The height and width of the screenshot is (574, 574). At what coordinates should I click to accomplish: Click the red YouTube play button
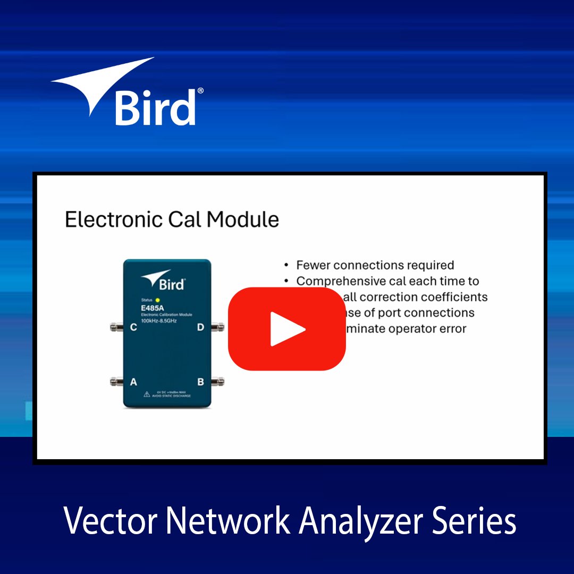pos(287,329)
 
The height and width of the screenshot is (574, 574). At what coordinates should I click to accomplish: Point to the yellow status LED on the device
pos(157,300)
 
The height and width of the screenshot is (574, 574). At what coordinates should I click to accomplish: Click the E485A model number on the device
pos(151,309)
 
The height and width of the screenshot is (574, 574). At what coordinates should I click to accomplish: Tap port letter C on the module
pos(133,327)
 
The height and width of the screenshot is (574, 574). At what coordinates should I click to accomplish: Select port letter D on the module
pos(200,327)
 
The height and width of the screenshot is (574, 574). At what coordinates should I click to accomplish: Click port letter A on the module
pos(133,382)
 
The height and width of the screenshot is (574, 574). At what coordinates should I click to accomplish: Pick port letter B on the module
pos(200,382)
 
